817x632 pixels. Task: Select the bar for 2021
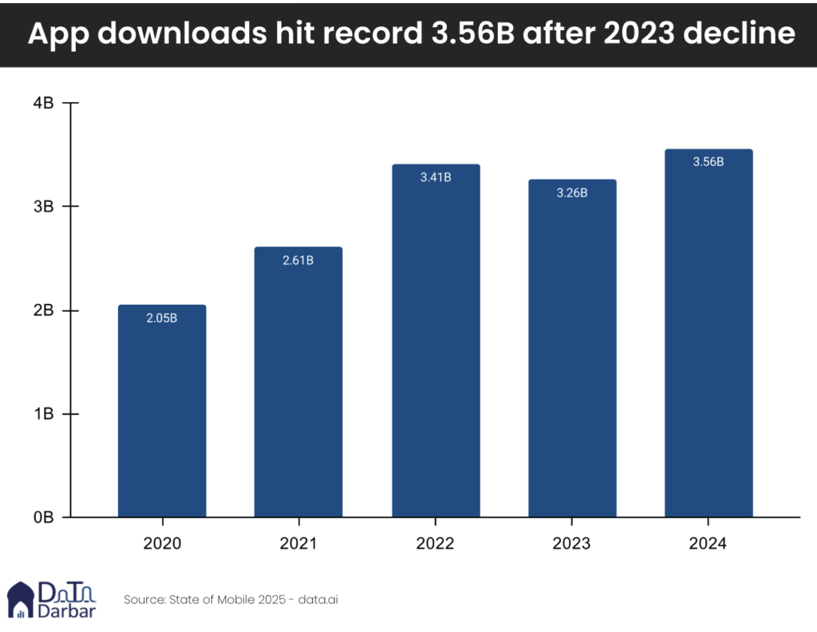point(298,382)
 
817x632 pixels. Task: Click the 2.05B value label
point(162,318)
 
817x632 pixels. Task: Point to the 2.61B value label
point(298,260)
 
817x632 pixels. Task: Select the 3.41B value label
point(436,177)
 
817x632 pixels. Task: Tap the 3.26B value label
point(572,192)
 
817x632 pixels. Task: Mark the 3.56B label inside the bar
point(708,162)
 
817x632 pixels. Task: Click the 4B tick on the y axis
point(43,103)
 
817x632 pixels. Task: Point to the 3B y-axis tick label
point(43,207)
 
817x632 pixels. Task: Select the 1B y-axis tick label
point(43,414)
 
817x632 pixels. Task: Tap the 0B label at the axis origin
point(43,518)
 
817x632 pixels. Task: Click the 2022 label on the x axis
point(436,543)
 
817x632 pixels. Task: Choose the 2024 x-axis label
point(708,543)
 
